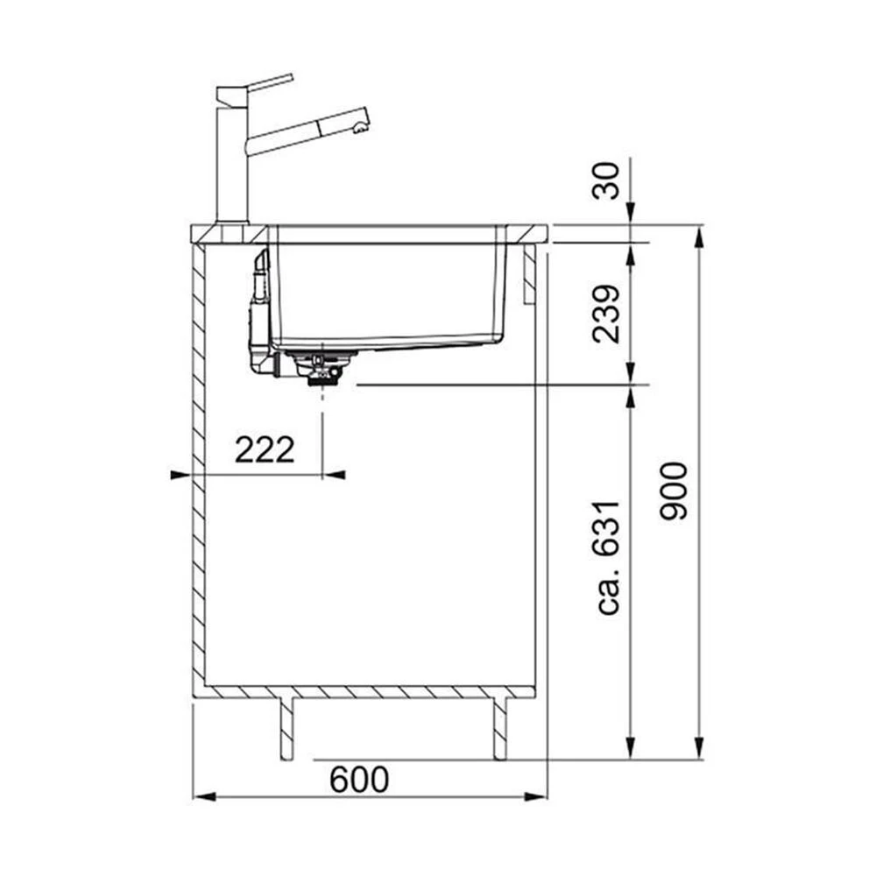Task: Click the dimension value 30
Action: point(605,180)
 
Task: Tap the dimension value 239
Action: point(606,314)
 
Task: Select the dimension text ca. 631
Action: point(607,557)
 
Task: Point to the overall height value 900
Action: point(673,491)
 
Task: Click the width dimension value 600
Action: point(359,780)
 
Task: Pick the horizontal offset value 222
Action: point(265,449)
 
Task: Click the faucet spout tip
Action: point(362,128)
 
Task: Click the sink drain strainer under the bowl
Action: point(320,368)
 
